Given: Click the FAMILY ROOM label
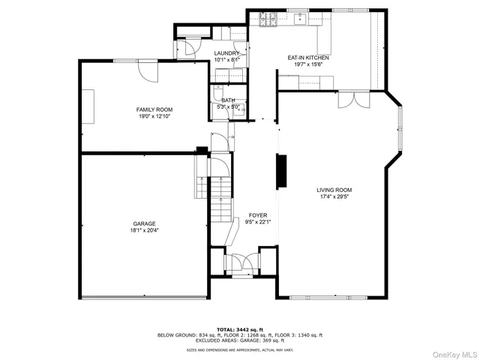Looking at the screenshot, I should click(154, 109).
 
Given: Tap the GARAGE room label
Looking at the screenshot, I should click(145, 223).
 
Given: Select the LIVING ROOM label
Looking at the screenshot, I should click(334, 190).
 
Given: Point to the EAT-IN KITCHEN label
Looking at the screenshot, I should click(308, 58).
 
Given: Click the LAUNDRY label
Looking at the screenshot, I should click(226, 53).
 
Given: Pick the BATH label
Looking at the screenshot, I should click(228, 100).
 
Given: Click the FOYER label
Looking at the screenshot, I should click(258, 215).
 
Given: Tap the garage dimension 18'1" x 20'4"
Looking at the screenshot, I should click(145, 230).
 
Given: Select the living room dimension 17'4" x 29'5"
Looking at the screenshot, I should click(334, 197).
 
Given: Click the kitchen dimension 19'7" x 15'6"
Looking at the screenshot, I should click(308, 65).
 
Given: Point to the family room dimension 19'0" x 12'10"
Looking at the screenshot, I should click(154, 117).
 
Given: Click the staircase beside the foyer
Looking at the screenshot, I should click(220, 199).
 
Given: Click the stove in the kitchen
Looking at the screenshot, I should click(268, 18).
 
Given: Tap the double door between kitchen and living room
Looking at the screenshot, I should click(352, 100).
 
